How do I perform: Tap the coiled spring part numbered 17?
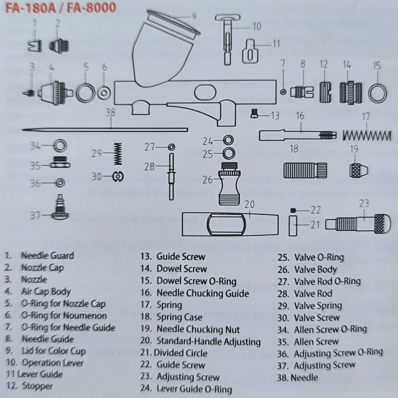click(x=366, y=135)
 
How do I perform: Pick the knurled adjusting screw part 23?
click(x=358, y=224)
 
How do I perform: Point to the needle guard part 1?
click(x=35, y=46)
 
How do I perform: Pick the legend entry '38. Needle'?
click(x=298, y=378)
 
